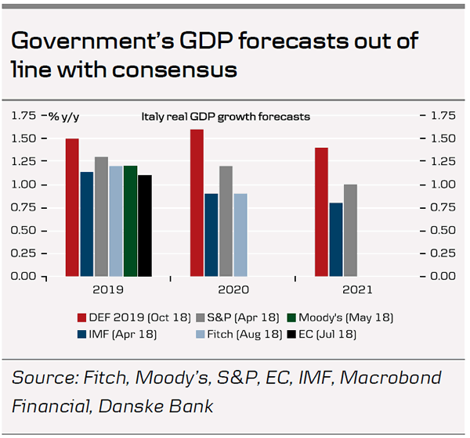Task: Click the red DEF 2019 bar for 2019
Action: [72, 207]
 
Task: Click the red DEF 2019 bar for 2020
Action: [197, 203]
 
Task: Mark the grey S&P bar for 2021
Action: [350, 230]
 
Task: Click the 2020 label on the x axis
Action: [233, 290]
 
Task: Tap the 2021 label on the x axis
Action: [357, 290]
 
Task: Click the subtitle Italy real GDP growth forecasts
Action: [226, 117]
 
